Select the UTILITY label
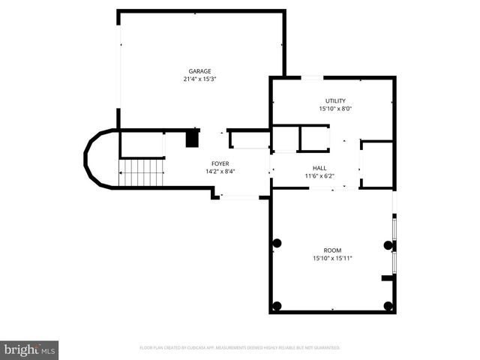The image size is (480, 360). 335,100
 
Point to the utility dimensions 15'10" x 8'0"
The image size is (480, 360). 335,109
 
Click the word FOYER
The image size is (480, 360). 220,163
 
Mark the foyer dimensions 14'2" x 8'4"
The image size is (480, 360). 220,171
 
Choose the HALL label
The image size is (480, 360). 319,168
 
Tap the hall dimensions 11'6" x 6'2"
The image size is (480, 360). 319,176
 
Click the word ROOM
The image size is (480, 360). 332,250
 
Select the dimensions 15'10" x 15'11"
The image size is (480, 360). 332,259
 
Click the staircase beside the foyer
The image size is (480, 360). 142,172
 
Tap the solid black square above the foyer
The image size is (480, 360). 193,139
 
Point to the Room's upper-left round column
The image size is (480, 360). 277,243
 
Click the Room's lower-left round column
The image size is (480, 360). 277,305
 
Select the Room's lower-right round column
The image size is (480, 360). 388,305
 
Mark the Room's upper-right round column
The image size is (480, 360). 388,244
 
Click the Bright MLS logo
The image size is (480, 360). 30,349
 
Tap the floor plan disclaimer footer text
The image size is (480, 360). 240,348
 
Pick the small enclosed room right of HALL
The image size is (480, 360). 377,164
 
